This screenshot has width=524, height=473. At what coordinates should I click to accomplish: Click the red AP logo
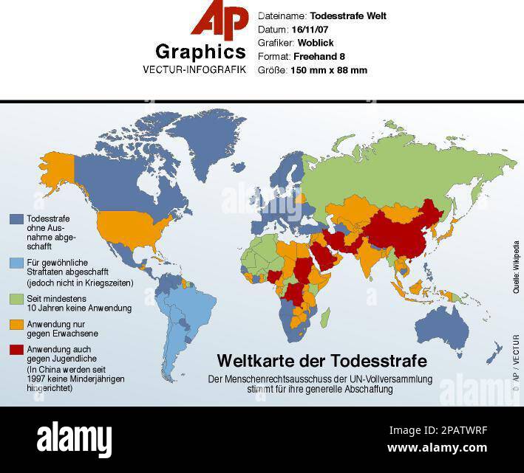tap(220, 20)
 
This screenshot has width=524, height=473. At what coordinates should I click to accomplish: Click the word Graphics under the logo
tap(200, 52)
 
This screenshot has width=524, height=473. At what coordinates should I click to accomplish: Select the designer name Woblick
tap(318, 43)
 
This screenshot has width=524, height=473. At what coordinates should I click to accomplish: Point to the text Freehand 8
tap(319, 57)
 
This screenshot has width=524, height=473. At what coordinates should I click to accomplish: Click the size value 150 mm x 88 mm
tap(329, 71)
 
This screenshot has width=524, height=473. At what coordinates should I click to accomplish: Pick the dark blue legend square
tap(16, 219)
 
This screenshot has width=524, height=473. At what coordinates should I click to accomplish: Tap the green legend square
tap(16, 299)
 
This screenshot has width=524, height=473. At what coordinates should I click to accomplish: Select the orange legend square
tap(16, 324)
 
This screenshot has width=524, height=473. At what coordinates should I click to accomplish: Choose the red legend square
tap(16, 349)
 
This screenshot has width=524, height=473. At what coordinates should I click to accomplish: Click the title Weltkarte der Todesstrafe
tap(321, 361)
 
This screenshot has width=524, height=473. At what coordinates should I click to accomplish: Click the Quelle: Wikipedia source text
tap(516, 268)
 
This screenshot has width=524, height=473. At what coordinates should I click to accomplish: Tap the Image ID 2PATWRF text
tap(438, 430)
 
